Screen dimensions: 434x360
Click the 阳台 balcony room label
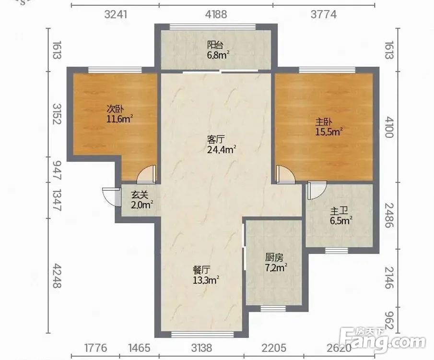215,45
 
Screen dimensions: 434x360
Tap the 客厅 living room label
216,139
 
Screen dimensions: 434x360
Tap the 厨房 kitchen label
274,258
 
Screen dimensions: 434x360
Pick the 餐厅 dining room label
201,270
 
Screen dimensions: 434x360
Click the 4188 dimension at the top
216,14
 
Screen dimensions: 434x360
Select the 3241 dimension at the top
116,14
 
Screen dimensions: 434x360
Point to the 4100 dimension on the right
389,127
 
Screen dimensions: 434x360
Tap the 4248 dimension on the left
57,276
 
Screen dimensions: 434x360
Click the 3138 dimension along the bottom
201,348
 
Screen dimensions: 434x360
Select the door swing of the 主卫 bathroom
317,191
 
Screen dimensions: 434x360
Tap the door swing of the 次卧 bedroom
147,175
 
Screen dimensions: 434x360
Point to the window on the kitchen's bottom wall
273,309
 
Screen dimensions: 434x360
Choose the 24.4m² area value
222,150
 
